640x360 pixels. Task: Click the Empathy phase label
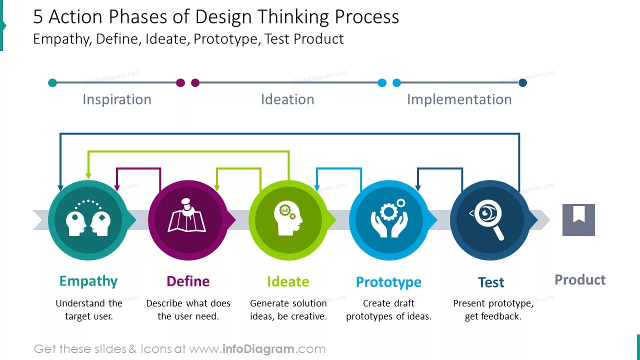tap(88, 281)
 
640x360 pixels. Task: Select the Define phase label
tap(188, 281)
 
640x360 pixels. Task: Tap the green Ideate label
tap(288, 281)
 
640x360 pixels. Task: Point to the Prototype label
tap(388, 282)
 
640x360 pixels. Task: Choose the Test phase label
tap(491, 282)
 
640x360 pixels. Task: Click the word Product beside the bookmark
tap(580, 279)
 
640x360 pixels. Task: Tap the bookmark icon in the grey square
tap(578, 219)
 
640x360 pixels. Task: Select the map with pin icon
tap(187, 216)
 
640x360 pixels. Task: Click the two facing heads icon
tap(88, 218)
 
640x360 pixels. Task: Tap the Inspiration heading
tap(117, 99)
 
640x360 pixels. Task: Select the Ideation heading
tap(287, 99)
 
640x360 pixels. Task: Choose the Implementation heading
tap(459, 99)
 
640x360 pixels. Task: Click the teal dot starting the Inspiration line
tap(52, 82)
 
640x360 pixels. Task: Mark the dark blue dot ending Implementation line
tap(522, 82)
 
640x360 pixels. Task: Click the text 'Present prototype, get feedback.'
tap(493, 309)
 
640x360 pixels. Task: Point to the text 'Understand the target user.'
tap(89, 309)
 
